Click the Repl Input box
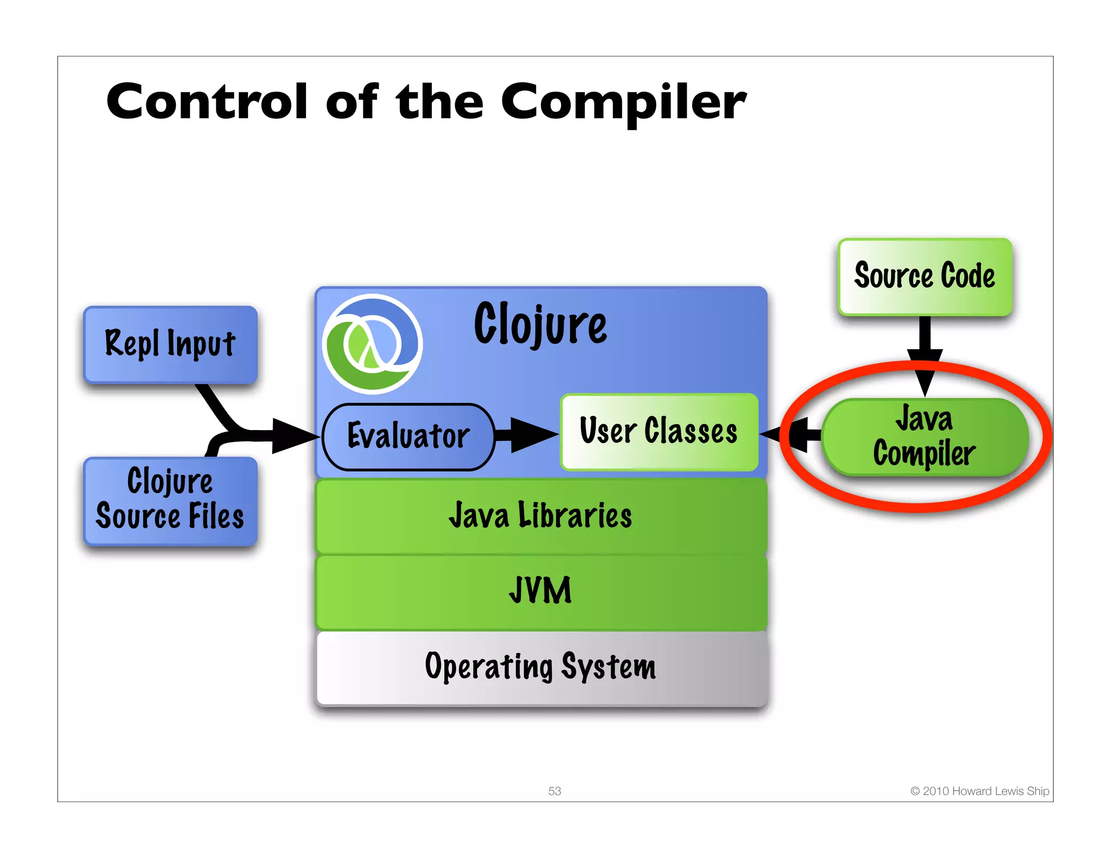pos(170,344)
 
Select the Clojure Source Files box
pos(170,500)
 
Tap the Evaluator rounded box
pos(408,436)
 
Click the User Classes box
pos(659,432)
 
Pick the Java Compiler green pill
pos(924,437)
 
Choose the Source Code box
pos(924,277)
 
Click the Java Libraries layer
pos(540,516)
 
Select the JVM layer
pos(540,591)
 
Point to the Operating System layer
pos(540,667)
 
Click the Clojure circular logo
pos(372,344)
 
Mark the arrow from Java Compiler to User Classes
pos(792,434)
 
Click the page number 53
pos(554,791)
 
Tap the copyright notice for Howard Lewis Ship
pos(979,791)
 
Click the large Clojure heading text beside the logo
pos(540,324)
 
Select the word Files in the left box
pos(216,516)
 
